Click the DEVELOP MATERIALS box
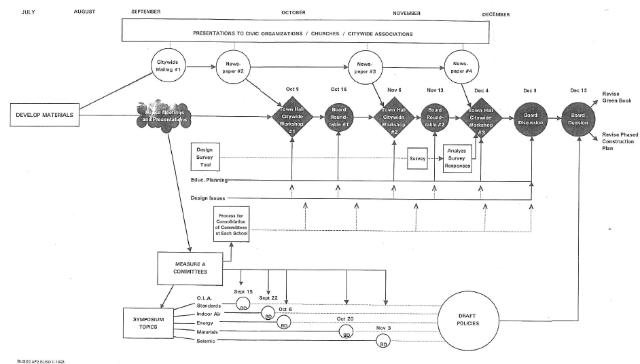point(43,114)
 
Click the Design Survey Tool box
point(205,157)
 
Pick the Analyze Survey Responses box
point(457,159)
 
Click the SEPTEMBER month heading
point(146,12)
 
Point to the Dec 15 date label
point(579,90)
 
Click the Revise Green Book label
point(616,96)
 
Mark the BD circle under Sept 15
point(243,306)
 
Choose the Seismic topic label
point(205,341)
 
